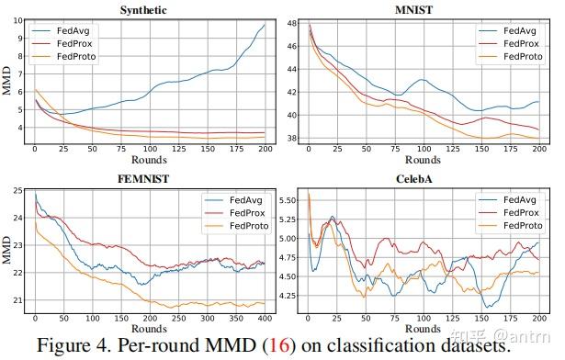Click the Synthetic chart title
pos(149,10)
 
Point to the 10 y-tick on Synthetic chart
pos(18,19)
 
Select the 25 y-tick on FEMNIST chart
pos(18,191)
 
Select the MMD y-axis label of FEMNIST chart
pos(7,246)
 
